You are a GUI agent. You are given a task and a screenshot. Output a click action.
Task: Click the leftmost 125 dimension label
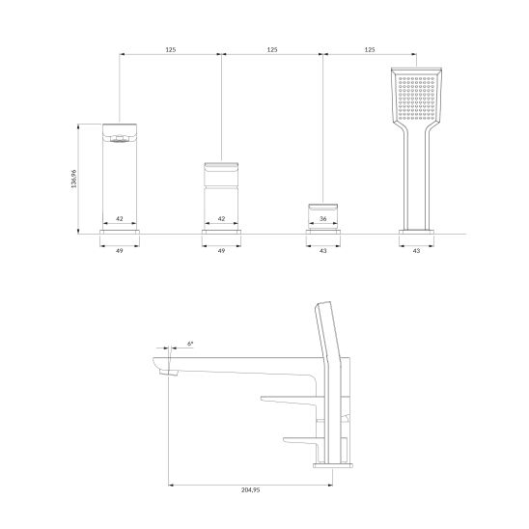[x=171, y=49]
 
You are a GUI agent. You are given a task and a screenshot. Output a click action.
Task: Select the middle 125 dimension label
[x=272, y=49]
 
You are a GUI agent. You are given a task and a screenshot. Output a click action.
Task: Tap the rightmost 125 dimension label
[x=370, y=49]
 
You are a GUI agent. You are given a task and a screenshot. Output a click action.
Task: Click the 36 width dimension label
[x=322, y=218]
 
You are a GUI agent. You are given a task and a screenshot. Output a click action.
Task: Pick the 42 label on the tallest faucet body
[x=120, y=218]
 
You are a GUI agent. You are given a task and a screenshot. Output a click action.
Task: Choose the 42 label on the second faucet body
[x=221, y=218]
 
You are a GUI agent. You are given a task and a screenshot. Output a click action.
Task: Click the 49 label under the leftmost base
[x=120, y=251]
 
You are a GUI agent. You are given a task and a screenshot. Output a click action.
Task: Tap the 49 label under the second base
[x=221, y=251]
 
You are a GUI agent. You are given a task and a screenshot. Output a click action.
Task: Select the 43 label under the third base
[x=322, y=251]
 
